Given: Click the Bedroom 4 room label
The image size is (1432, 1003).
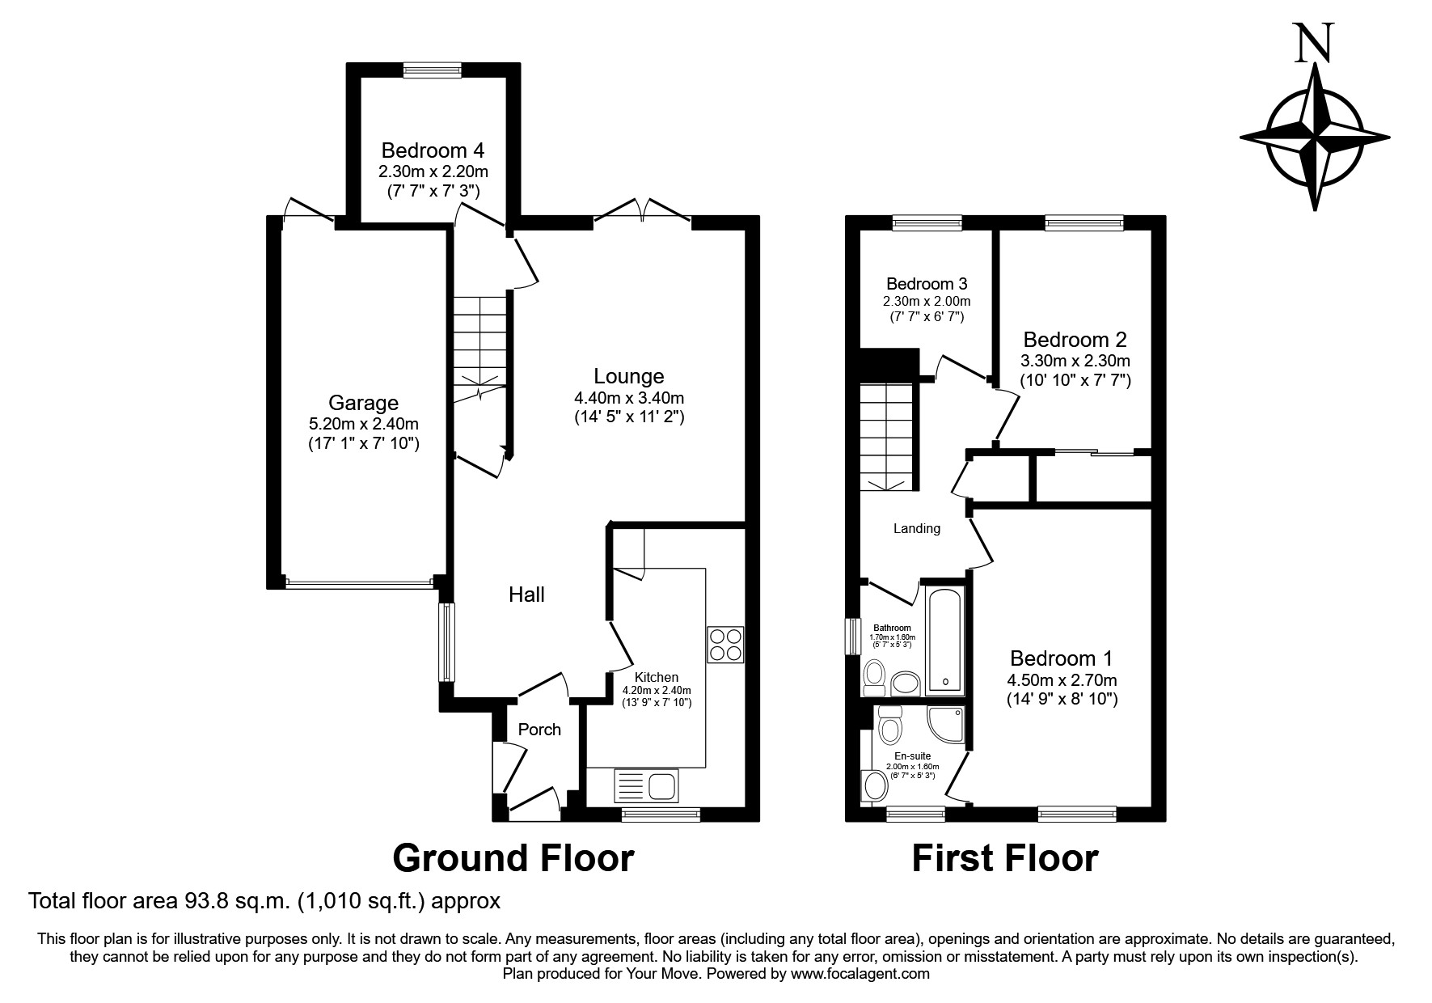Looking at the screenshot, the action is (x=433, y=150).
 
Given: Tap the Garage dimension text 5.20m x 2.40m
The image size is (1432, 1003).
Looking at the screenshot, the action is (x=364, y=423).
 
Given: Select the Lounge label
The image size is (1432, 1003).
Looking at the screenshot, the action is (x=629, y=376).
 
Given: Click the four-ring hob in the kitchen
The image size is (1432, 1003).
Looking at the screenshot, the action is (x=725, y=645).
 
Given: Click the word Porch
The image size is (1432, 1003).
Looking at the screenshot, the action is (x=539, y=730).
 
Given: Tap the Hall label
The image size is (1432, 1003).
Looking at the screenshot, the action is (x=526, y=595).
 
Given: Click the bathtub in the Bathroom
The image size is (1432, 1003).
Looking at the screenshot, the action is (x=944, y=641).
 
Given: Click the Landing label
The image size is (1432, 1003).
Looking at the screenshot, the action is (x=917, y=528).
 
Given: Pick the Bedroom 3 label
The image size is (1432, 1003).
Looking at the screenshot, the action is (x=927, y=284).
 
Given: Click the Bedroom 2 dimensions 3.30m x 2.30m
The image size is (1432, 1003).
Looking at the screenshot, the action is (x=1075, y=361).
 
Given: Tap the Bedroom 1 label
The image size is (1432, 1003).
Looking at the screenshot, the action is (x=1062, y=658).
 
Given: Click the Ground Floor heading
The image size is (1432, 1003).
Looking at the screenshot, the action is (x=513, y=858).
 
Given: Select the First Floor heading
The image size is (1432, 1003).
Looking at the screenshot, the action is (x=1005, y=858).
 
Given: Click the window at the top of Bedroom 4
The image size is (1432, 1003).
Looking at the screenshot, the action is (x=433, y=71).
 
